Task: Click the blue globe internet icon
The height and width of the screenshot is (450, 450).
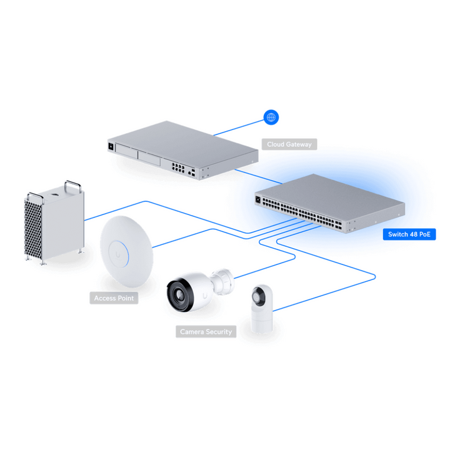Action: point(271,117)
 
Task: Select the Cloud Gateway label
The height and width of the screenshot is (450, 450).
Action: point(289,144)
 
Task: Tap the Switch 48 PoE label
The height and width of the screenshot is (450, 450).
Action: point(409,234)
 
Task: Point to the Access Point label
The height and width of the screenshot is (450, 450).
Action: point(114,298)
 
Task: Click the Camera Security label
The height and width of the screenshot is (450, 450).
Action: point(206,332)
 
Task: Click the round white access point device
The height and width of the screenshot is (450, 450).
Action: point(126,251)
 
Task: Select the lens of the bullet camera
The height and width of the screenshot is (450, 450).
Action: point(179,295)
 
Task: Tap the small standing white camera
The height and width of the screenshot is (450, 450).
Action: point(262,309)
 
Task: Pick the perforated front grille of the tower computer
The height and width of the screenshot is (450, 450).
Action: point(33,229)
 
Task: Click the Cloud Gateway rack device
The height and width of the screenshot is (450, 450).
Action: point(182,150)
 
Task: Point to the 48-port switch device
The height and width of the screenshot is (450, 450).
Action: point(330,203)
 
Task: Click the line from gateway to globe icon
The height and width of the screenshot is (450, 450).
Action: point(239,127)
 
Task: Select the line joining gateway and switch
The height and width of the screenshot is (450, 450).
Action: point(258,176)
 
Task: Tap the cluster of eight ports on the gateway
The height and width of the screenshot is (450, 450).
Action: point(178,167)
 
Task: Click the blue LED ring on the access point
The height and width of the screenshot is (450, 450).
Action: point(118,254)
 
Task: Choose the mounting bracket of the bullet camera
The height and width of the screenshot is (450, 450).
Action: point(222,281)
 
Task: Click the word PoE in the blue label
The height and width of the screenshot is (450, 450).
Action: point(425,234)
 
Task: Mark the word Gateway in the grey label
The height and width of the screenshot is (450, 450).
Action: point(299,144)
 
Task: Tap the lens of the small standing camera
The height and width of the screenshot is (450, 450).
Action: point(256,296)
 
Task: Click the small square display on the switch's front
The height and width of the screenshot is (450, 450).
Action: point(257,199)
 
